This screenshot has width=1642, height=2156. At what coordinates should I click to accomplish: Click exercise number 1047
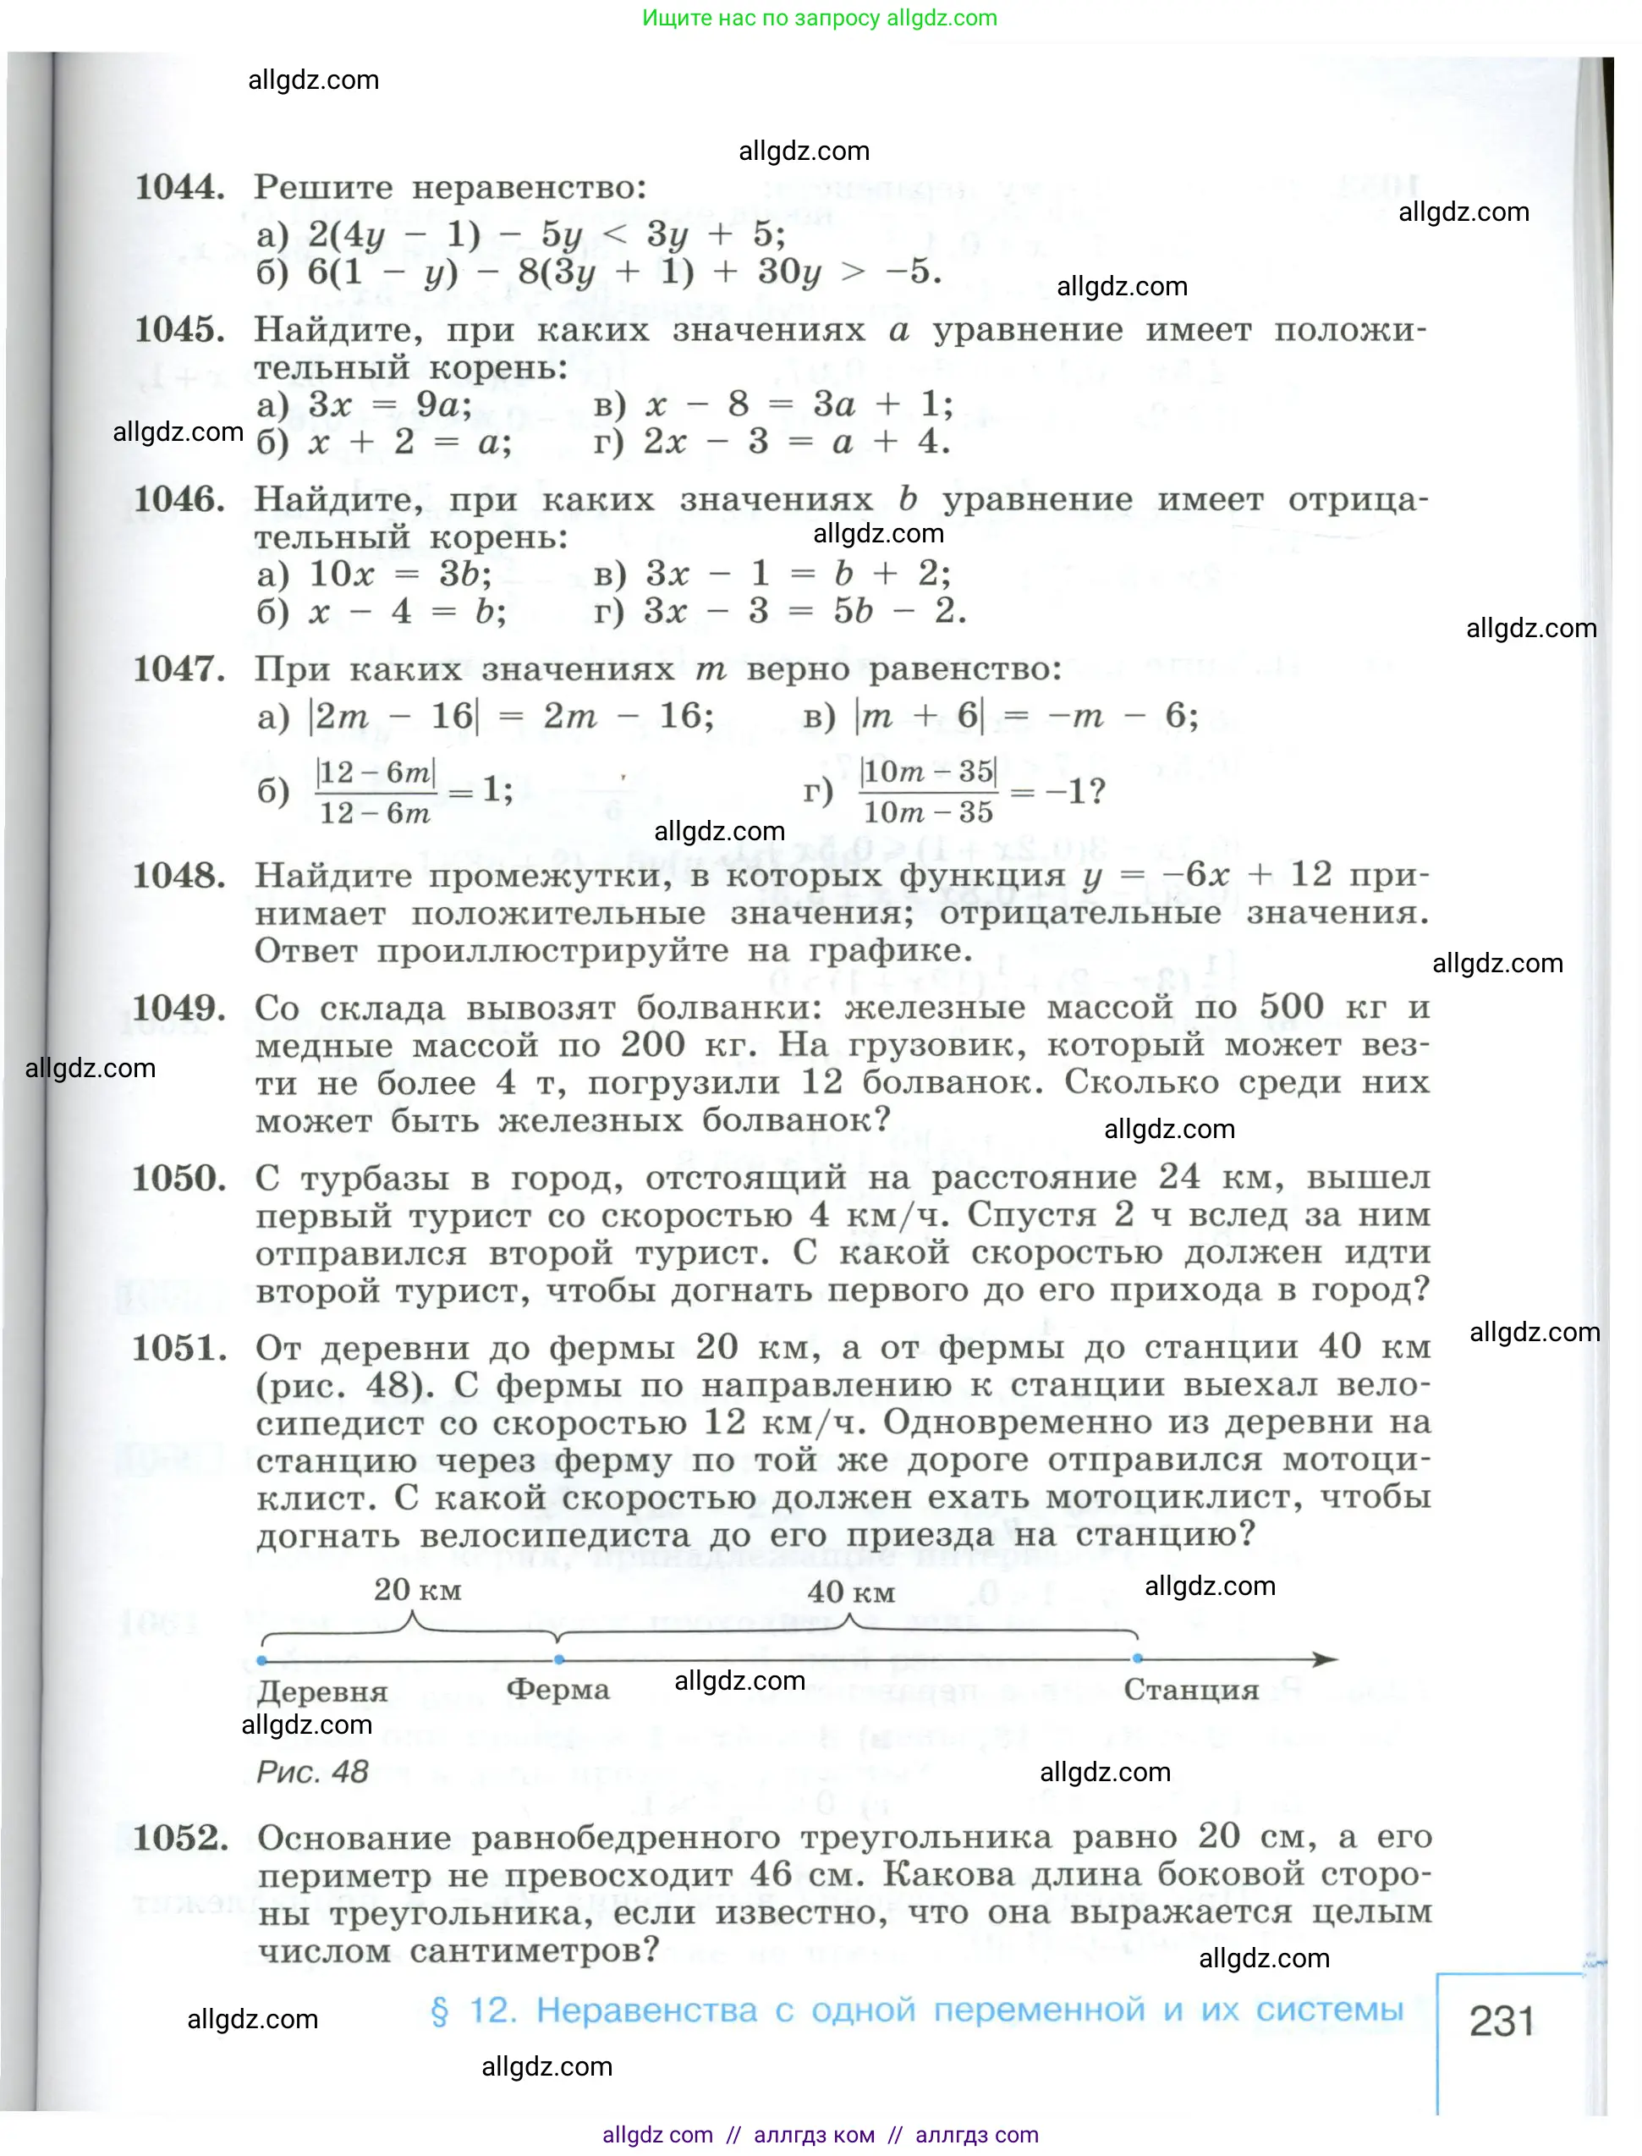[178, 669]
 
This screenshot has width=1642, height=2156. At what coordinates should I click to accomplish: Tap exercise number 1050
[178, 1179]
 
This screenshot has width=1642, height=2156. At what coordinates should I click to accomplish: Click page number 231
[1502, 2021]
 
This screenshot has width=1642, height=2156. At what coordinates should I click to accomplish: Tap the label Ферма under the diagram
[558, 1689]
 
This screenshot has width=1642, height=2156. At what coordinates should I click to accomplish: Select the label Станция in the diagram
[1190, 1689]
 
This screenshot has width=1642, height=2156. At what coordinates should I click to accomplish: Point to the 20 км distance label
[417, 1590]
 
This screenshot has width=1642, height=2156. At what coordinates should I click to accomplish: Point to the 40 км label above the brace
[850, 1592]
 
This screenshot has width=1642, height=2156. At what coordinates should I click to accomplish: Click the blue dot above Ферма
[559, 1659]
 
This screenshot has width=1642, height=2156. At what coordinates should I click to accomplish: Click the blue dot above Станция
[1138, 1658]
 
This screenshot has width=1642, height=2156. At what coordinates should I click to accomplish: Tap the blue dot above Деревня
[262, 1660]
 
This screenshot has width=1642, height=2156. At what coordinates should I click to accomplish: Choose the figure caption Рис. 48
[312, 1771]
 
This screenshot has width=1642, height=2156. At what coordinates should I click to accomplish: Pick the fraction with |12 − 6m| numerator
[376, 792]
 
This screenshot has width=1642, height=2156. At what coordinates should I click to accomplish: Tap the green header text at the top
[819, 18]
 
